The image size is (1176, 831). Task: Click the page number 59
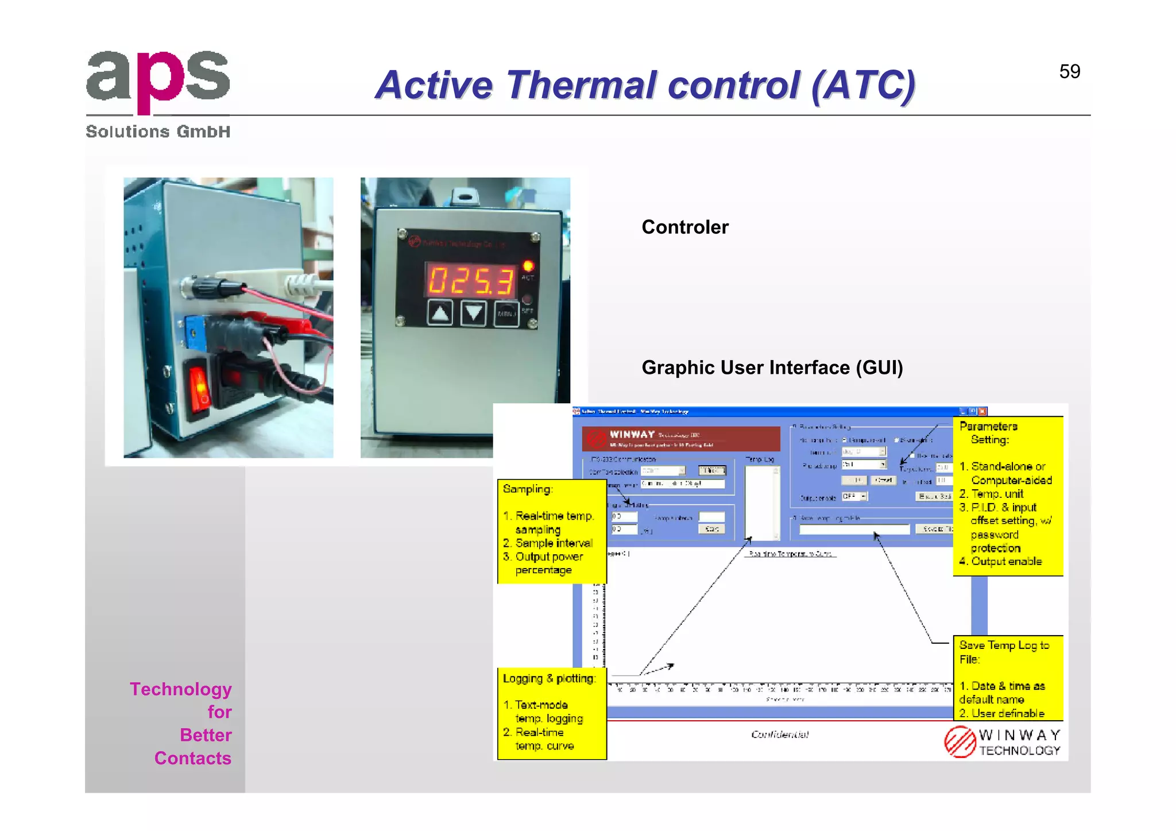coord(1069,72)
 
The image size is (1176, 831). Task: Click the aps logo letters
coord(158,80)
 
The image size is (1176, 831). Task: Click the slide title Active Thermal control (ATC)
coord(645,86)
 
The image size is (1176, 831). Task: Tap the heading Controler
coord(684,227)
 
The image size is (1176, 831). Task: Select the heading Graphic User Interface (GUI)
coord(772,368)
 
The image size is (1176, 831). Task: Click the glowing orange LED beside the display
coord(528,266)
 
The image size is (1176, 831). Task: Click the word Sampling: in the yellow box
coord(527,489)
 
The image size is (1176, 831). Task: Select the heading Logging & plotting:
coord(549,679)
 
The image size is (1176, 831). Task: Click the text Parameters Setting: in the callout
coord(988,433)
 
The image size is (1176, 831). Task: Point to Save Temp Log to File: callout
coord(1004,652)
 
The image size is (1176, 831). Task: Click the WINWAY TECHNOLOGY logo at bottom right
coord(1002,743)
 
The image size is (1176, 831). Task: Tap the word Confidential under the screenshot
coord(779,735)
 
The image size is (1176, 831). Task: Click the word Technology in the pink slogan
coord(180,689)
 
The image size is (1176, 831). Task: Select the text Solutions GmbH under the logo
coord(158,132)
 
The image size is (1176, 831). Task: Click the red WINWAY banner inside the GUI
coord(680,439)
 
